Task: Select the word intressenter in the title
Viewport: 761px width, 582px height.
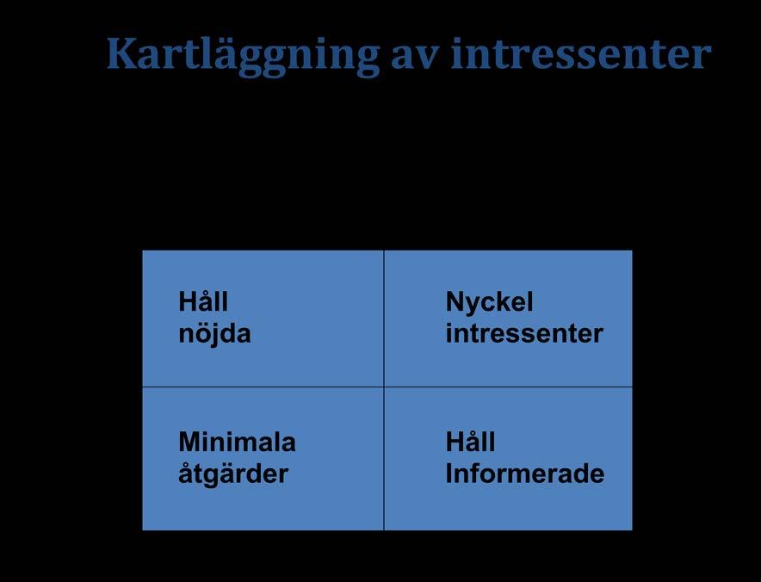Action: [x=581, y=53]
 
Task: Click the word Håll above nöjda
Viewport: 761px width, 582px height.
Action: [x=203, y=301]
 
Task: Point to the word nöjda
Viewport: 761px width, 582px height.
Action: [x=214, y=333]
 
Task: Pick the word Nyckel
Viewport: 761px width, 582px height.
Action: [x=489, y=303]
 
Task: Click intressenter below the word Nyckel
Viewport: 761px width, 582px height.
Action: [x=524, y=333]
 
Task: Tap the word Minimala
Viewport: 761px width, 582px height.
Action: [x=237, y=442]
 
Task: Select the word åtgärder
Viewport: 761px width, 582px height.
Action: [x=233, y=474]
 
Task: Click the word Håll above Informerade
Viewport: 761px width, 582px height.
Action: [x=470, y=441]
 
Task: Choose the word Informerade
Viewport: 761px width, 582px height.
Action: [x=524, y=474]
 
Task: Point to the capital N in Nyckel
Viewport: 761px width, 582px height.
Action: [x=455, y=301]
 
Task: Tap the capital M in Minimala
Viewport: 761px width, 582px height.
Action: [x=190, y=442]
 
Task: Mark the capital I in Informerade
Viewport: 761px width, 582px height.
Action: [x=449, y=474]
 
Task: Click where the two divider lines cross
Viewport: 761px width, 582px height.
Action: [x=384, y=387]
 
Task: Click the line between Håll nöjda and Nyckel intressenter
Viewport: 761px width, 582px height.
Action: [x=384, y=319]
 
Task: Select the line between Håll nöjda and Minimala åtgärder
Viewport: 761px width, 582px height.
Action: [x=263, y=387]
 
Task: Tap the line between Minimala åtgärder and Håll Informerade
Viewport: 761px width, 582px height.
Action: [x=384, y=458]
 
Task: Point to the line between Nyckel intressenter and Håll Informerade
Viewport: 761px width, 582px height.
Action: [x=508, y=387]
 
